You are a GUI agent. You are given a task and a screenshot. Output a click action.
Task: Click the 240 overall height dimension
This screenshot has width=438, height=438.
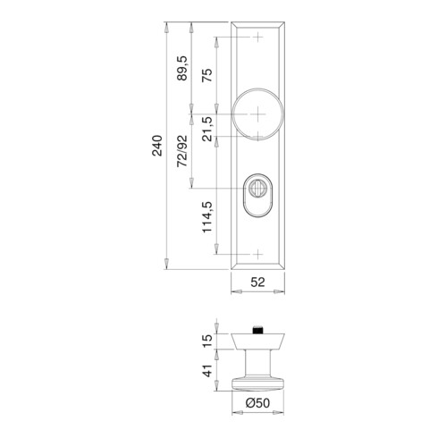point(157,146)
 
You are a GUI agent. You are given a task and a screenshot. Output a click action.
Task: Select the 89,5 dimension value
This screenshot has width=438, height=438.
point(182,68)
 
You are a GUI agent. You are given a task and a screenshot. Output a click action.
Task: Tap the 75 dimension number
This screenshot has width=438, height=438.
point(207,75)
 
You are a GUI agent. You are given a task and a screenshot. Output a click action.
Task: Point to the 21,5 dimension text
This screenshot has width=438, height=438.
point(207,129)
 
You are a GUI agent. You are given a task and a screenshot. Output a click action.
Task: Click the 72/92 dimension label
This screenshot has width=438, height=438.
point(182,151)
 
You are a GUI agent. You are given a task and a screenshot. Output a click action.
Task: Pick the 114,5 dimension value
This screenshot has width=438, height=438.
point(207,217)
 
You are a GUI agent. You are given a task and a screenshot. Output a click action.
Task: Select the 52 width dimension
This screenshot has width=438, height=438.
point(257,282)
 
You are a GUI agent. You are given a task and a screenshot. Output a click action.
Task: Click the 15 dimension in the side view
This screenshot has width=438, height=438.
point(207,341)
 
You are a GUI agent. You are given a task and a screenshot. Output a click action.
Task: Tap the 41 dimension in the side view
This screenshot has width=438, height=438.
point(207,370)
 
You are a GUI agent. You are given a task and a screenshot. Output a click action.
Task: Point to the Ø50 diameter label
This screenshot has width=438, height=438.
point(257,403)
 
